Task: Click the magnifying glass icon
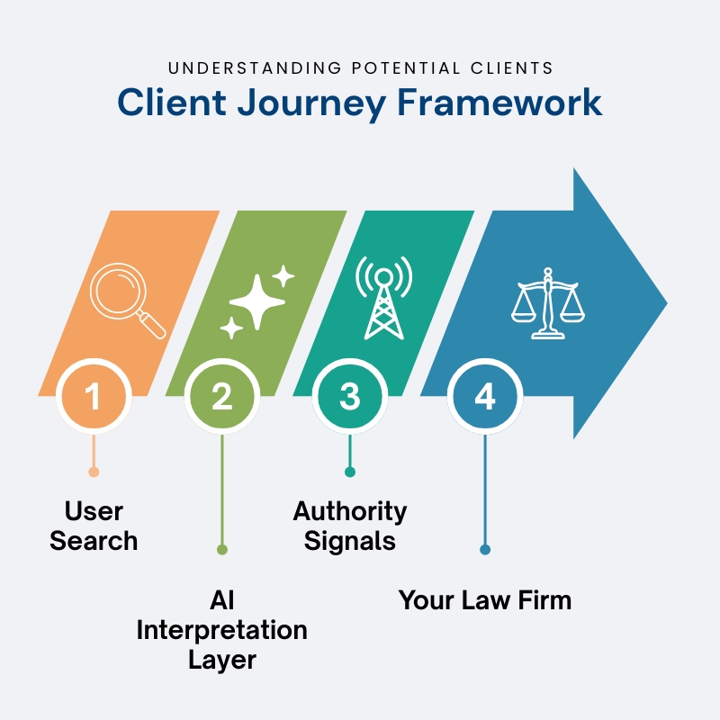tap(124, 298)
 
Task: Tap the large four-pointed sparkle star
tap(257, 301)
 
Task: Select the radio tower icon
tap(384, 298)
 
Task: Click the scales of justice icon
tap(548, 303)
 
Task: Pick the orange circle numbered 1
tap(94, 396)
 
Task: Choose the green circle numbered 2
tap(222, 396)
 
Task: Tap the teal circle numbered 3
tap(350, 396)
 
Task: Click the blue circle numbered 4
tap(485, 396)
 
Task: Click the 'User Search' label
tap(94, 526)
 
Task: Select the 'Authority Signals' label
tap(350, 526)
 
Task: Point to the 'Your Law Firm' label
tap(485, 600)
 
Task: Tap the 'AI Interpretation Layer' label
tap(222, 630)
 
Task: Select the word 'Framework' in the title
tap(499, 102)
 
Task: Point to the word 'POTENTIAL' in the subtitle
tap(406, 68)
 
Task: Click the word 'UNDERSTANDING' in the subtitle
tap(255, 68)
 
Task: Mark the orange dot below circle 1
tap(94, 472)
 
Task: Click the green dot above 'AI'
tap(222, 549)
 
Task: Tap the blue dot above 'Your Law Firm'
tap(485, 549)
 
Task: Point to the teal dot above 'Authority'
tap(350, 472)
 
